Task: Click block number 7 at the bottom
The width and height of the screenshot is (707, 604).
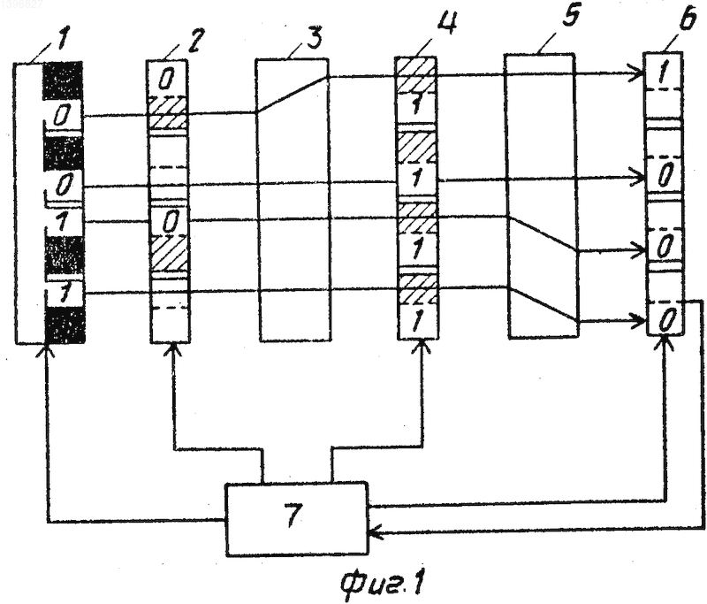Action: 296,519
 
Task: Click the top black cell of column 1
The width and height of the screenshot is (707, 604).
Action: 63,80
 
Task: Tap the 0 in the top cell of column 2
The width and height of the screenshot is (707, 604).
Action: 166,80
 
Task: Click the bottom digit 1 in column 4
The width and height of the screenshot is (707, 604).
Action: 416,321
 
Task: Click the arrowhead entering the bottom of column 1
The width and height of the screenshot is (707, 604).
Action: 46,350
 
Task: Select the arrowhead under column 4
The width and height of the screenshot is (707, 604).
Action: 422,347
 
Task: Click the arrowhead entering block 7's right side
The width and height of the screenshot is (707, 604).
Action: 375,533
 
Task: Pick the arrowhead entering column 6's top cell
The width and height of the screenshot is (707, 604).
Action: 639,74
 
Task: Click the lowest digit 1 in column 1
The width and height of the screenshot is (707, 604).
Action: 65,294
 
